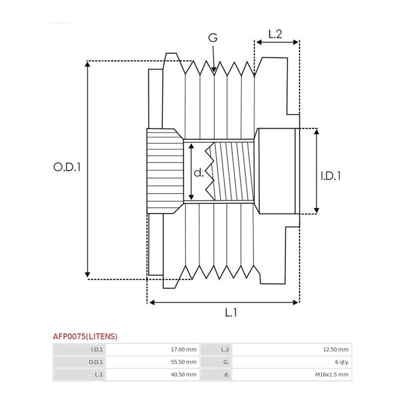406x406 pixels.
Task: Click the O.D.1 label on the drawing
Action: click(x=67, y=167)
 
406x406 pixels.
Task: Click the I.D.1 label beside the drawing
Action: click(x=331, y=176)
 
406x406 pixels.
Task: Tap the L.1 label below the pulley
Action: click(x=231, y=313)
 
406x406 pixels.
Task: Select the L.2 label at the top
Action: click(x=275, y=34)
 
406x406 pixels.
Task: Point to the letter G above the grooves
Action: click(x=213, y=38)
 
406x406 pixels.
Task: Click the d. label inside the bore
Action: click(x=198, y=172)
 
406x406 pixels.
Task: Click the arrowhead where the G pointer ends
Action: click(x=214, y=70)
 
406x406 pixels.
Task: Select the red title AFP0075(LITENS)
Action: click(x=85, y=337)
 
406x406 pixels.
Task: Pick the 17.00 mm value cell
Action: click(x=184, y=350)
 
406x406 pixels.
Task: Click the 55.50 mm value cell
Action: click(x=184, y=362)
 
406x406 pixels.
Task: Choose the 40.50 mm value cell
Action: click(x=184, y=374)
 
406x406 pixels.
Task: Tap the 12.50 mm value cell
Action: click(x=336, y=350)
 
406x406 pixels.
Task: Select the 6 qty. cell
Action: click(x=342, y=362)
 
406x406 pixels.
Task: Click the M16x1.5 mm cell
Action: click(x=332, y=374)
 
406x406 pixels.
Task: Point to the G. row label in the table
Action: click(x=226, y=362)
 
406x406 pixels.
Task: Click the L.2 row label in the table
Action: click(x=225, y=350)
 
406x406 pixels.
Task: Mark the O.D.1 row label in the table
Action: click(x=96, y=362)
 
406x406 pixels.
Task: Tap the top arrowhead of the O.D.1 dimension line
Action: click(x=88, y=64)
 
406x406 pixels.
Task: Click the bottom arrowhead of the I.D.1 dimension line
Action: click(x=316, y=211)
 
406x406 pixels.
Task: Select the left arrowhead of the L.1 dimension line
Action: click(x=152, y=302)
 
